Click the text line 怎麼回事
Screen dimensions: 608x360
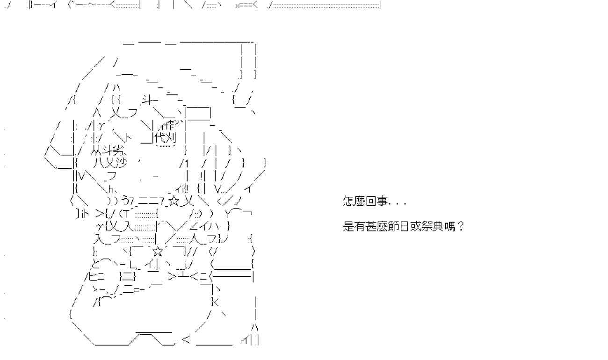(374, 202)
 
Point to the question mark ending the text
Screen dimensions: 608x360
(461, 227)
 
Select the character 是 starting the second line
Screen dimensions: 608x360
(348, 227)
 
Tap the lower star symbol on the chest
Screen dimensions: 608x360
(158, 252)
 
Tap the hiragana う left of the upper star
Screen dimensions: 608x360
(125, 202)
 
